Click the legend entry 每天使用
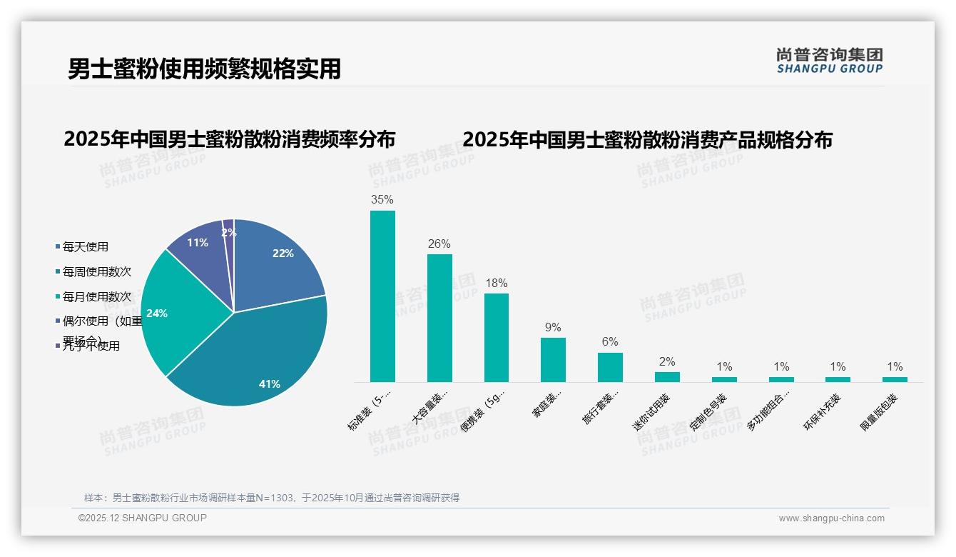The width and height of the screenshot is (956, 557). click(x=85, y=247)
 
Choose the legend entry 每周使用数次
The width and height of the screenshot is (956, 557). click(x=96, y=272)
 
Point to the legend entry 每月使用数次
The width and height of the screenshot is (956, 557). click(x=96, y=296)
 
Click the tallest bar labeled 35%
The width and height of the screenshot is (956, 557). click(x=382, y=296)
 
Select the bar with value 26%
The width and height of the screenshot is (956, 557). click(x=439, y=318)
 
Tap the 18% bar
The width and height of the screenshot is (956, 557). click(x=497, y=337)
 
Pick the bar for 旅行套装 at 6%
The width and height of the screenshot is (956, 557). click(x=610, y=367)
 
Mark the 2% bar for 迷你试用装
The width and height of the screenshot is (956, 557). click(x=667, y=377)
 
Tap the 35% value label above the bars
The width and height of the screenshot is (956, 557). click(x=382, y=200)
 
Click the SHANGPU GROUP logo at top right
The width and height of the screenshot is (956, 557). click(x=829, y=61)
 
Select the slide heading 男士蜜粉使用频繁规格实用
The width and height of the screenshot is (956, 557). click(x=204, y=69)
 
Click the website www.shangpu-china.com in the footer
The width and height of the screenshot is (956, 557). click(x=831, y=518)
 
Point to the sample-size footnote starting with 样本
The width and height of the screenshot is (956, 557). click(x=271, y=498)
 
